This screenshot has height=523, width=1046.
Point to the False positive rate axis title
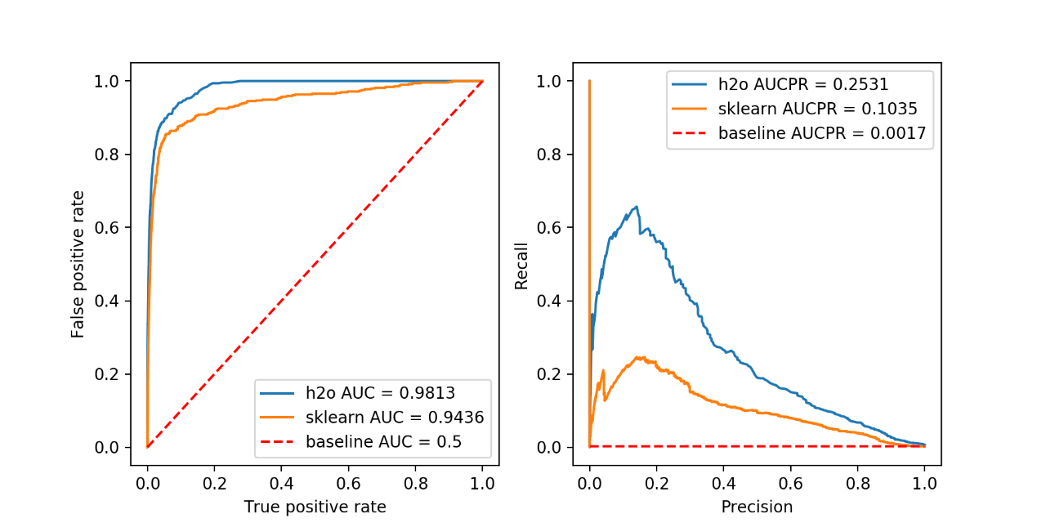pos(78,264)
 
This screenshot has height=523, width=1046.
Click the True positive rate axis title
pos(315,507)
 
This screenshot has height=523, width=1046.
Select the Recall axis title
pos(521,264)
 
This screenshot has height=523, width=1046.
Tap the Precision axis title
pos(757,507)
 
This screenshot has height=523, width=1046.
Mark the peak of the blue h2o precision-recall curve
pos(636,207)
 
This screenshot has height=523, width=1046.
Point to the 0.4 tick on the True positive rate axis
pos(281,482)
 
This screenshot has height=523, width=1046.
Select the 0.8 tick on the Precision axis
pos(857,482)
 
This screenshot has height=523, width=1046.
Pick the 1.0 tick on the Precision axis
pos(924,482)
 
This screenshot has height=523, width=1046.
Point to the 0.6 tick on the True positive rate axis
pos(348,482)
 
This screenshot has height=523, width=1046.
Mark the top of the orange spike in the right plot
pos(589,81)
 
